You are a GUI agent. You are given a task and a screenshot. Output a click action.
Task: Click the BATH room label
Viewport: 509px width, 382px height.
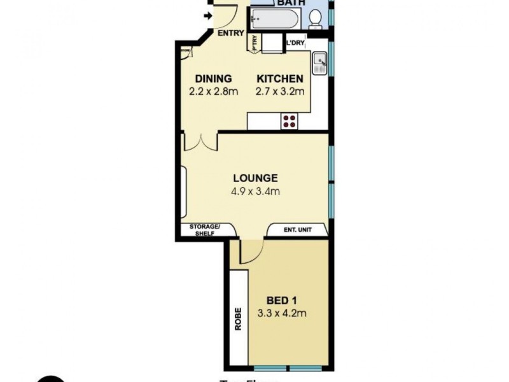(292, 3)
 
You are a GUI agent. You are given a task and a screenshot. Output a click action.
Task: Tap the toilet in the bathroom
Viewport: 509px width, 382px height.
(315, 19)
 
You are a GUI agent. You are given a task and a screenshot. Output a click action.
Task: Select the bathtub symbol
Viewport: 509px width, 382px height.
(274, 19)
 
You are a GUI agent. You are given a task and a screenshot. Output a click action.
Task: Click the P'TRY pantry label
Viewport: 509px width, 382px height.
(255, 43)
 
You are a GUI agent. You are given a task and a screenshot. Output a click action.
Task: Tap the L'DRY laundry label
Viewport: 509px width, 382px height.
(296, 43)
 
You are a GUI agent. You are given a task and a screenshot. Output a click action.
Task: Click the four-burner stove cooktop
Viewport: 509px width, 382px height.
(290, 120)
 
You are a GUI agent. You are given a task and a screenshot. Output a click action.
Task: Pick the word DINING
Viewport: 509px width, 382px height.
(213, 79)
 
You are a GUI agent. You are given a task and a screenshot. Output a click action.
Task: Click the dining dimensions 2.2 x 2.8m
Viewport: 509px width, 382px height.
(213, 92)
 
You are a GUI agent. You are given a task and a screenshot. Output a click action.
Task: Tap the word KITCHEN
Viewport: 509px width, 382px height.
(279, 79)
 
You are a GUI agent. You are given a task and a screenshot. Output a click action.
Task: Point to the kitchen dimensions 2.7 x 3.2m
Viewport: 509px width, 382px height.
(279, 92)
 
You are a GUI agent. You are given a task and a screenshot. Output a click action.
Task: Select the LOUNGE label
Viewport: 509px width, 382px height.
(255, 178)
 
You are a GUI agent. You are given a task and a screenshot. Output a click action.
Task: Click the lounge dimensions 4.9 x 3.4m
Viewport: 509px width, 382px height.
(255, 190)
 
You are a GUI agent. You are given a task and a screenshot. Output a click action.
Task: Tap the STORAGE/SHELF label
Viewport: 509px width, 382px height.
(204, 230)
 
